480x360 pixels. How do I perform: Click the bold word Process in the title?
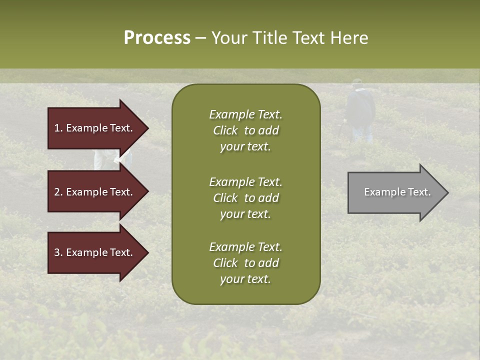coord(157,38)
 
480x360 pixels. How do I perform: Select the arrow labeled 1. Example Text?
coord(95,128)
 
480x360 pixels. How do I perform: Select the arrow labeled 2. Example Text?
coord(95,192)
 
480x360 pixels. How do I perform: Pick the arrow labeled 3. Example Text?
coord(95,252)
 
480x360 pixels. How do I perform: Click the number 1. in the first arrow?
coord(58,128)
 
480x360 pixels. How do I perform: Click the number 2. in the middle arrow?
coord(58,192)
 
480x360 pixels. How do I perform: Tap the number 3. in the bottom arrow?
coord(58,252)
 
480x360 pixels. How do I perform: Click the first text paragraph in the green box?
coord(245,130)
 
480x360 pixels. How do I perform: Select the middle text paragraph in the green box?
coord(245,198)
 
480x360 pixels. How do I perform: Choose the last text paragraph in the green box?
coord(245,263)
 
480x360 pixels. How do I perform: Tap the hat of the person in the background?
coord(357,81)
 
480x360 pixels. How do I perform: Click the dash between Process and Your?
coord(200,38)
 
